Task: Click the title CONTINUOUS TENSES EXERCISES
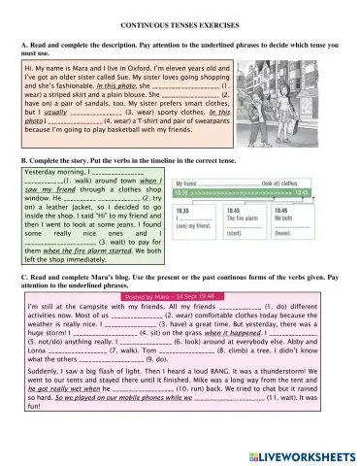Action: (x=180, y=18)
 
